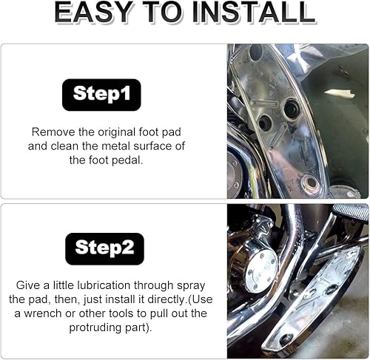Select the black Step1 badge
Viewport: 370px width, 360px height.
point(101,95)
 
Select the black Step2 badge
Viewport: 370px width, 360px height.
point(104,248)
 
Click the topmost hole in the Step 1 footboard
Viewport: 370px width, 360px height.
point(256,54)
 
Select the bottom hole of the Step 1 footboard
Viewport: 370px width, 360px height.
point(312,181)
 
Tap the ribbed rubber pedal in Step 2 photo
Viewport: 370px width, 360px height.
point(350,213)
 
